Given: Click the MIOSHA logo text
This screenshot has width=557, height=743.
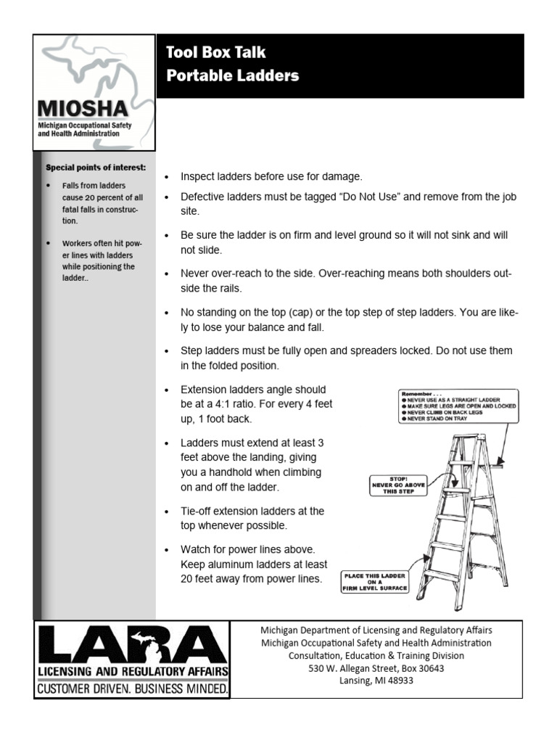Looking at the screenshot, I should [x=83, y=109].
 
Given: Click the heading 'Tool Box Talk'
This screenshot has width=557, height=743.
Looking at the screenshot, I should [x=216, y=52].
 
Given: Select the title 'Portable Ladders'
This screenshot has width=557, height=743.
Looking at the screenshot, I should [x=232, y=76].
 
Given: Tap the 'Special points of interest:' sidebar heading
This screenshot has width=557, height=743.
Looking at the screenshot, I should [x=96, y=167].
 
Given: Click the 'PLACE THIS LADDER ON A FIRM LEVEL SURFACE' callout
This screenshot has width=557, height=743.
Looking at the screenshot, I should [x=375, y=582].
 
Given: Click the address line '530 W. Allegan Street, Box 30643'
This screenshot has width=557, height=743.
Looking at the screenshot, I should [x=376, y=668].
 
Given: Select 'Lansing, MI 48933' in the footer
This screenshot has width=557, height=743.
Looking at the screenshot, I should [x=376, y=681].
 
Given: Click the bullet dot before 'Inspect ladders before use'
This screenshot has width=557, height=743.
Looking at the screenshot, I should [x=167, y=178].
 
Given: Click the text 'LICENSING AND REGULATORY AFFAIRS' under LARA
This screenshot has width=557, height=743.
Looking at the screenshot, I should [x=133, y=670].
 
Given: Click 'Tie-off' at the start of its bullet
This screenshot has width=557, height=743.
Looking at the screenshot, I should [x=199, y=511].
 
